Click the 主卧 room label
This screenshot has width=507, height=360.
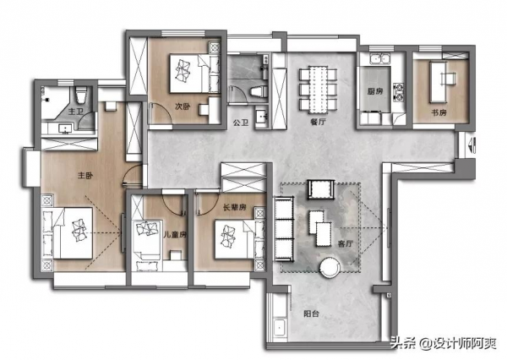tap(85, 176)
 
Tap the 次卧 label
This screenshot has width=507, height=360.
tap(183, 106)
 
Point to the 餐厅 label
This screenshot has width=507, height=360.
tap(318, 122)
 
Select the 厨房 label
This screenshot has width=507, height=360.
tap(375, 91)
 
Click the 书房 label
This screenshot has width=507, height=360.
tap(439, 112)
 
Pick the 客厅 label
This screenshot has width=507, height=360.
tap(346, 243)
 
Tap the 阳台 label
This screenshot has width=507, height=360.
tap(311, 314)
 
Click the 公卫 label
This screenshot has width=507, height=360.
tap(241, 123)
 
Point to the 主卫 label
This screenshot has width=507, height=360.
tap(76, 112)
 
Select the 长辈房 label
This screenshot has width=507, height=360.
tap(235, 207)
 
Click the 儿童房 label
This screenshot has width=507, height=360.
tap(175, 234)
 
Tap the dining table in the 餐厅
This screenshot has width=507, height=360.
tap(319, 90)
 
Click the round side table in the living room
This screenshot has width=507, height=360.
tap(330, 268)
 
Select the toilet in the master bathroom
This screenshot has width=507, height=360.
tap(81, 95)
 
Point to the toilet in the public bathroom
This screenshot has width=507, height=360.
tap(259, 91)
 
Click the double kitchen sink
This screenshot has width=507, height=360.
tap(380, 59)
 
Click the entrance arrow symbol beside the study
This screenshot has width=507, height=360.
tap(472, 145)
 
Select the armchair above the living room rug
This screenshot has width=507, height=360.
tap(320, 189)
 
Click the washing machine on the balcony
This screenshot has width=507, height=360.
tap(280, 328)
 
